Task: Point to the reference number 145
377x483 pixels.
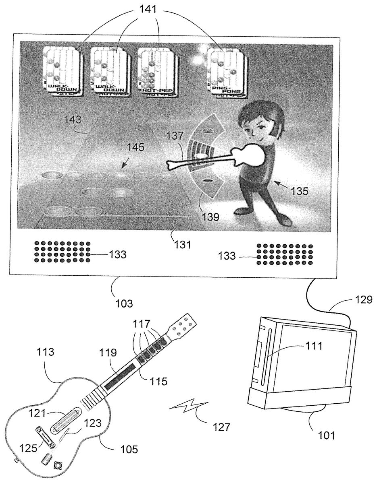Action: point(135,147)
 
